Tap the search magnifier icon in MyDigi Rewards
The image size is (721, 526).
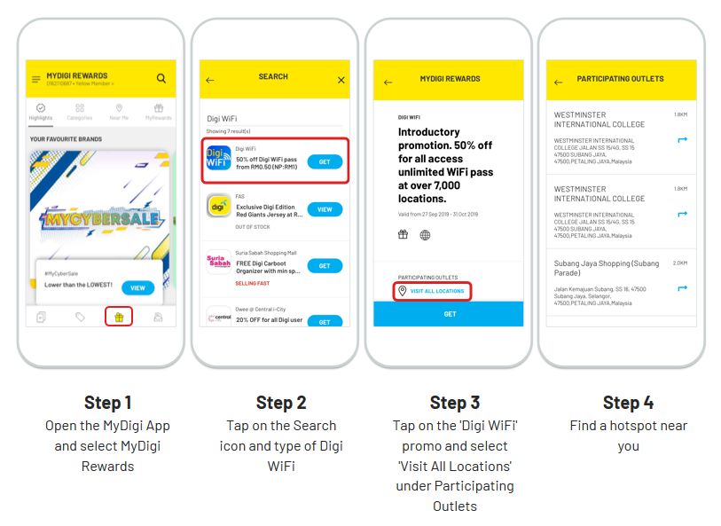pyautogui.click(x=161, y=79)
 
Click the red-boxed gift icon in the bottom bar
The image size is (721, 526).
pyautogui.click(x=118, y=316)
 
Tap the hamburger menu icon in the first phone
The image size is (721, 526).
pyautogui.click(x=36, y=80)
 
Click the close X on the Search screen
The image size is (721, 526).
pyautogui.click(x=341, y=80)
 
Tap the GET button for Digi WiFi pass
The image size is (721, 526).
pyautogui.click(x=325, y=161)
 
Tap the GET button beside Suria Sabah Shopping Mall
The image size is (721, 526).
pyautogui.click(x=325, y=266)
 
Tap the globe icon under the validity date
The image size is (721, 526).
pyautogui.click(x=425, y=235)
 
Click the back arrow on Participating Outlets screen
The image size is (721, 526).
pyautogui.click(x=558, y=82)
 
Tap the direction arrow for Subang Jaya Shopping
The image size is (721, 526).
pyautogui.click(x=682, y=287)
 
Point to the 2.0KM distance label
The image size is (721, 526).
pyautogui.click(x=679, y=263)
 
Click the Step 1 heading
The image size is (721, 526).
pyautogui.click(x=108, y=403)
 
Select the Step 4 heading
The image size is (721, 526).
pyautogui.click(x=628, y=403)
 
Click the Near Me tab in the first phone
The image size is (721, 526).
pyautogui.click(x=119, y=112)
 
